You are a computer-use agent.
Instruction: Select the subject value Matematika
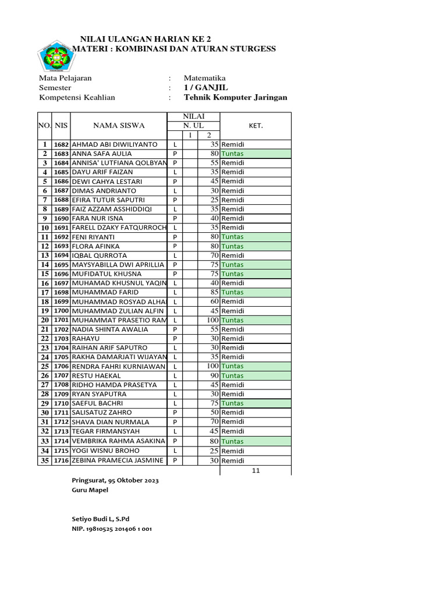[204, 78]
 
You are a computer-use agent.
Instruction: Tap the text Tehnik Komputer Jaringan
[235, 98]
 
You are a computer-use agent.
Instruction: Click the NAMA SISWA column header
[119, 125]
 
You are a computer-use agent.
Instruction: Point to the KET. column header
[256, 125]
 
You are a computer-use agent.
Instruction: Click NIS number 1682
[61, 144]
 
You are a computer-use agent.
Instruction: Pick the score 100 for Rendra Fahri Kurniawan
[212, 366]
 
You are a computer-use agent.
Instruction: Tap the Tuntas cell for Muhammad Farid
[233, 292]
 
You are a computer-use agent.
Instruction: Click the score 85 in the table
[214, 292]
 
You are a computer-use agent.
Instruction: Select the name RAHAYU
[85, 339]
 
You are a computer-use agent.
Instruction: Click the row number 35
[44, 460]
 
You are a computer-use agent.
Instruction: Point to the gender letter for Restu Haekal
[175, 376]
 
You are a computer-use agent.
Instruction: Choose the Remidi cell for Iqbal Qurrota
[233, 256]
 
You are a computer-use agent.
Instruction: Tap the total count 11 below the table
[256, 470]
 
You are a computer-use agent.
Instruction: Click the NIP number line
[112, 529]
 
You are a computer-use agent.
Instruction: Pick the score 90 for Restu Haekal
[214, 376]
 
